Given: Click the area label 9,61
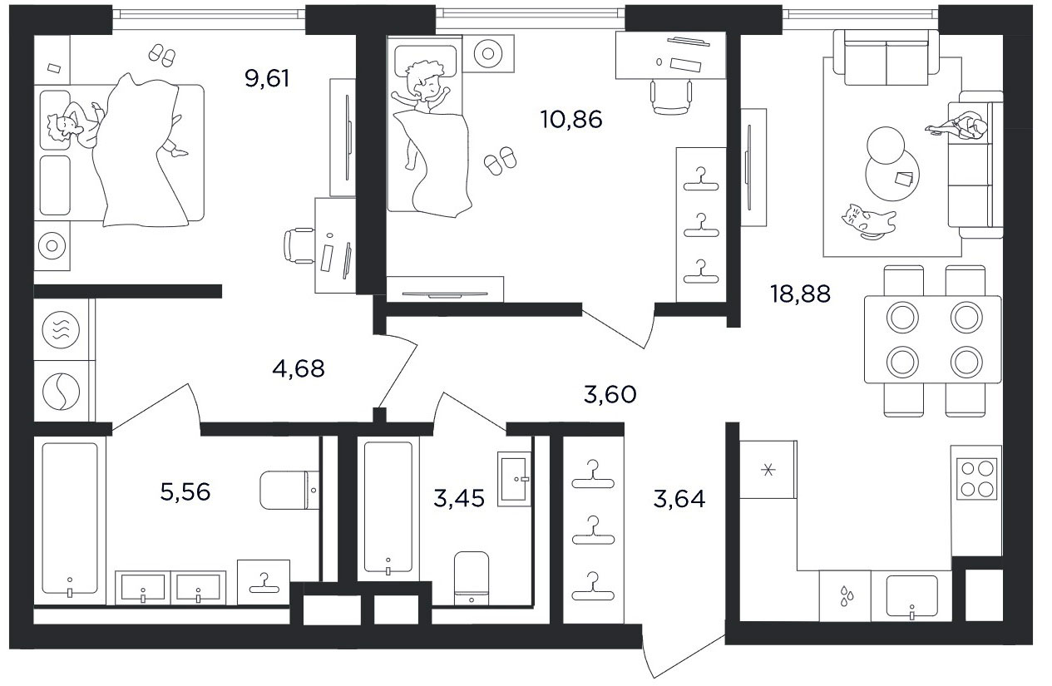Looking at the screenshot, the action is (x=267, y=78).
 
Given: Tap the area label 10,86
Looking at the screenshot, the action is (x=571, y=119).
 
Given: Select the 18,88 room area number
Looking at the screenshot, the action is (x=800, y=294).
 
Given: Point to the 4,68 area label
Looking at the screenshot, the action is (x=299, y=368).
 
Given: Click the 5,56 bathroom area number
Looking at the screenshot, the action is (x=185, y=492).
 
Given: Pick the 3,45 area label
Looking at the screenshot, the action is (x=459, y=498).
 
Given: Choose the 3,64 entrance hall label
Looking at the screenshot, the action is (x=679, y=499).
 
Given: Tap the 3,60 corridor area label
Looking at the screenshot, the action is (x=610, y=394).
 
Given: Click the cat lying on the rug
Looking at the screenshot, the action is (x=867, y=222).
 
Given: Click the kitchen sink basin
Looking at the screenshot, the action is (x=911, y=596).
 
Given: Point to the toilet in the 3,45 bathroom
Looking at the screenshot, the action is (x=472, y=579).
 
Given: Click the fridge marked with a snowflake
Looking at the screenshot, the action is (x=768, y=469).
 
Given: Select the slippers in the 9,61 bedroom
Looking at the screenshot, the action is (x=162, y=55).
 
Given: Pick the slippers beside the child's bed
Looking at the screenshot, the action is (x=500, y=161).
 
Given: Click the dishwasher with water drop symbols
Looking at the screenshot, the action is (x=845, y=596).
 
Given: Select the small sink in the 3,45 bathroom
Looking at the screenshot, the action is (x=514, y=479).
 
